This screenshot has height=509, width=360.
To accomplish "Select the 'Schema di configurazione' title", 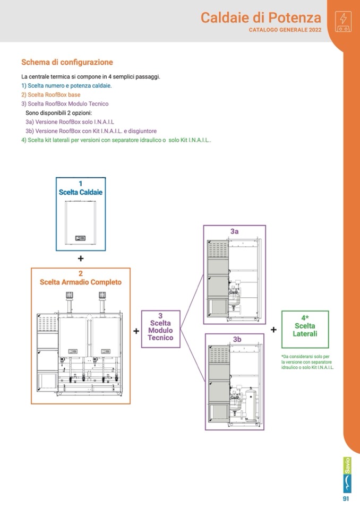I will (67, 62).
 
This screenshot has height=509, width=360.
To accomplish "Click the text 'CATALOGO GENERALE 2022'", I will (285, 30).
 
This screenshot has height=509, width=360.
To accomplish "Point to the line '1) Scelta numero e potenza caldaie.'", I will (66, 85).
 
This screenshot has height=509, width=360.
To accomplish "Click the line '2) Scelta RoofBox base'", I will (51, 94).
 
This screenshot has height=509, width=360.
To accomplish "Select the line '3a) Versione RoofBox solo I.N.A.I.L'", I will (70, 122).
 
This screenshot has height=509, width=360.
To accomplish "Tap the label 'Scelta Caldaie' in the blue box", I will (81, 192).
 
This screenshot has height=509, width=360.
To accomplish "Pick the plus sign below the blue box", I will (81, 258).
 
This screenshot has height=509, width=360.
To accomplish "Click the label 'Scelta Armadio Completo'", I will (81, 282).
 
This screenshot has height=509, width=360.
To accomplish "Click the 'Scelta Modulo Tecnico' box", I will (160, 330).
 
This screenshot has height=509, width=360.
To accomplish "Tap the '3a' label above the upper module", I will (234, 231).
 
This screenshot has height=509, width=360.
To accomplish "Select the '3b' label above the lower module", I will (237, 339).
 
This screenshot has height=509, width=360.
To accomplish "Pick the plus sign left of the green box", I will (273, 330).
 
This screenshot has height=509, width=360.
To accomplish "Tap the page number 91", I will (346, 499).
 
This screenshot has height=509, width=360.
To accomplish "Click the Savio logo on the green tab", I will (347, 475).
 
